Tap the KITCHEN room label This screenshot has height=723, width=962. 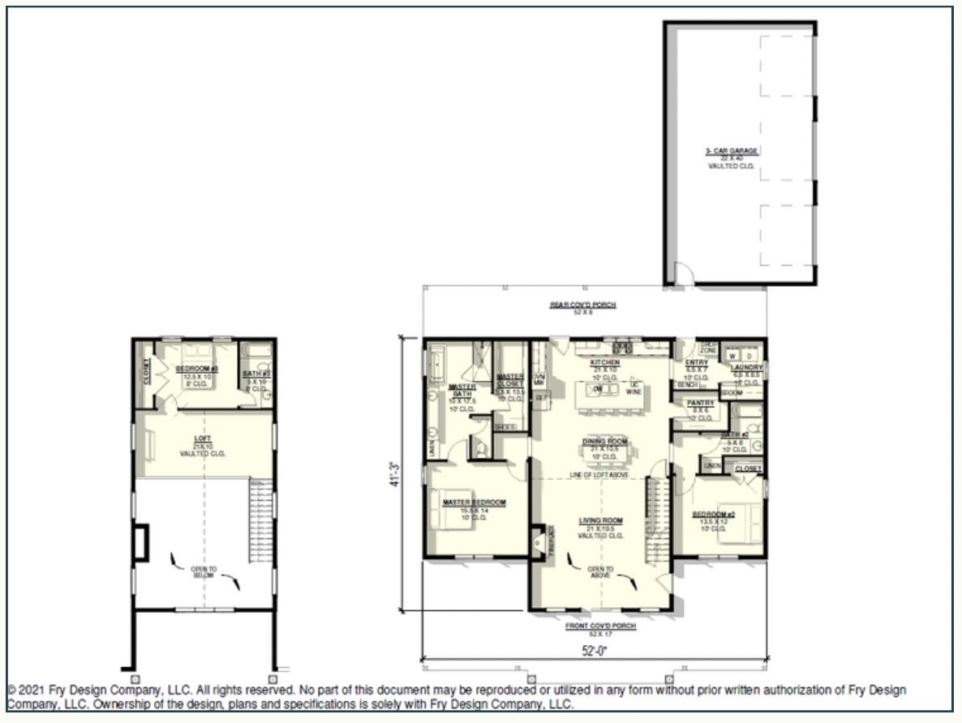(x=605, y=362)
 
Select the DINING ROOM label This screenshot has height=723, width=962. (x=605, y=442)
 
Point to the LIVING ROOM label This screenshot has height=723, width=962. (x=600, y=520)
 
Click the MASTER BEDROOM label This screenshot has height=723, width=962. (x=474, y=503)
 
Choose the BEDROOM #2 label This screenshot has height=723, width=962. (x=714, y=515)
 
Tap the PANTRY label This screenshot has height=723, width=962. (x=700, y=403)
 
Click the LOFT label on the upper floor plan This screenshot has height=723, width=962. (x=202, y=439)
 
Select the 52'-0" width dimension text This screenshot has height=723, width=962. (x=600, y=650)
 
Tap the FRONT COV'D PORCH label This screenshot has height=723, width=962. (x=600, y=627)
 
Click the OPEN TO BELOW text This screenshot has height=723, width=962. (x=204, y=571)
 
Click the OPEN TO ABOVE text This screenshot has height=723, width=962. (x=600, y=571)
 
